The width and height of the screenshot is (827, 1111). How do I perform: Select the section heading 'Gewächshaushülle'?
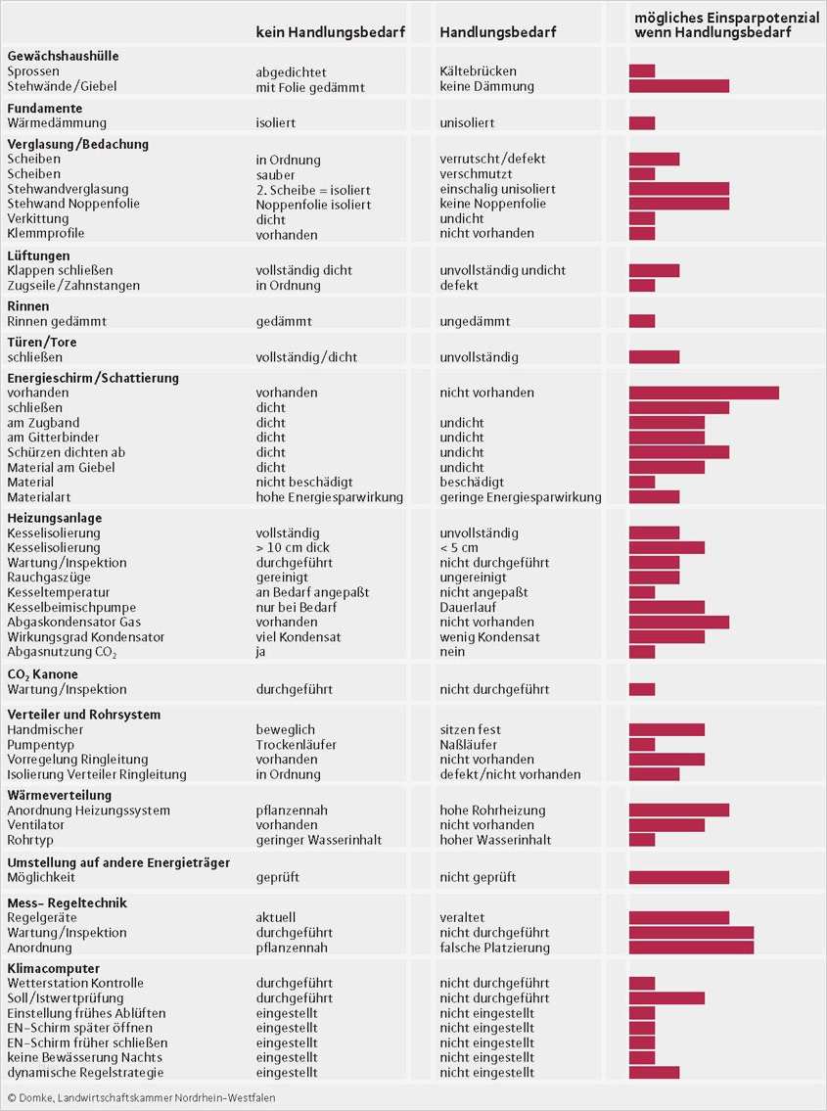pos(63,56)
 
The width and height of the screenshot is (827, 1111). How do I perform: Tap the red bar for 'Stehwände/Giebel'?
pos(678,86)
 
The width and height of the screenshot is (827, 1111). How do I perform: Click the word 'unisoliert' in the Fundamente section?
pos(467,123)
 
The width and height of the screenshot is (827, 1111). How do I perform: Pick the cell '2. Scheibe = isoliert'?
pos(313,189)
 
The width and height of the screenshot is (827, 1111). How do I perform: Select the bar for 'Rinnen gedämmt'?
pos(641,321)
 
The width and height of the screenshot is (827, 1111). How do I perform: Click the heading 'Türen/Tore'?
pos(41,343)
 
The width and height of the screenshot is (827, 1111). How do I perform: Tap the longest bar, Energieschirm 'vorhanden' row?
pos(704,393)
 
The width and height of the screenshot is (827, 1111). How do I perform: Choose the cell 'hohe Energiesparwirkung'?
pos(329,497)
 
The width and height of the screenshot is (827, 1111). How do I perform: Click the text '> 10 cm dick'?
pos(293,548)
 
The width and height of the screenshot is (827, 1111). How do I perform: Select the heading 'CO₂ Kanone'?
pos(42,674)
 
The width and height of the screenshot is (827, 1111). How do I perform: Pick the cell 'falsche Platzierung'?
pos(494,948)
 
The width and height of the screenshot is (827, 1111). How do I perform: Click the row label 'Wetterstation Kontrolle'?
pos(75,983)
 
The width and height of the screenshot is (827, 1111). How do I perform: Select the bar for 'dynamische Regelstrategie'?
pos(654,1072)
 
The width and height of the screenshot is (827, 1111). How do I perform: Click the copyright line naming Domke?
pos(141,1098)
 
